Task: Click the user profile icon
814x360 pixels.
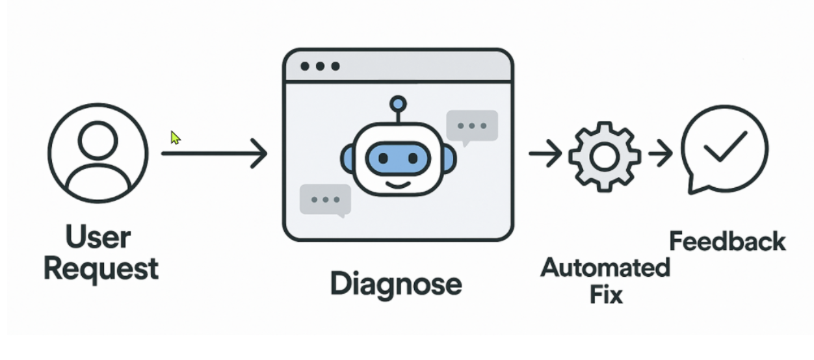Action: [x=98, y=153]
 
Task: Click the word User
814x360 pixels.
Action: [x=98, y=237]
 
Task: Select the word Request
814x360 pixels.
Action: [x=101, y=268]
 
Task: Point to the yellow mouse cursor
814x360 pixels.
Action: [x=175, y=138]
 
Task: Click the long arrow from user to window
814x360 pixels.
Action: [x=214, y=154]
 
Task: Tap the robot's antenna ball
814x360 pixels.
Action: [x=398, y=103]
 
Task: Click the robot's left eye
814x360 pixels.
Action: [x=383, y=158]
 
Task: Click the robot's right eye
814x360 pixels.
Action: [x=413, y=158]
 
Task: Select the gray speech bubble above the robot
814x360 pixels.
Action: [x=472, y=125]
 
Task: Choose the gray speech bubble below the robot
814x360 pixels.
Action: [x=325, y=199]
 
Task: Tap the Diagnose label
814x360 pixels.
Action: [x=396, y=284]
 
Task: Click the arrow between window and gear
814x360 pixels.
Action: [x=545, y=155]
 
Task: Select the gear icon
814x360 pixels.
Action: [x=604, y=155]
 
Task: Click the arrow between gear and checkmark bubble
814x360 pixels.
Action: [x=661, y=155]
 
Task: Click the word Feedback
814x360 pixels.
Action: [x=728, y=242]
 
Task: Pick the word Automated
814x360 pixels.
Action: [x=605, y=267]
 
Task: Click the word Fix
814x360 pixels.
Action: [x=606, y=294]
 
